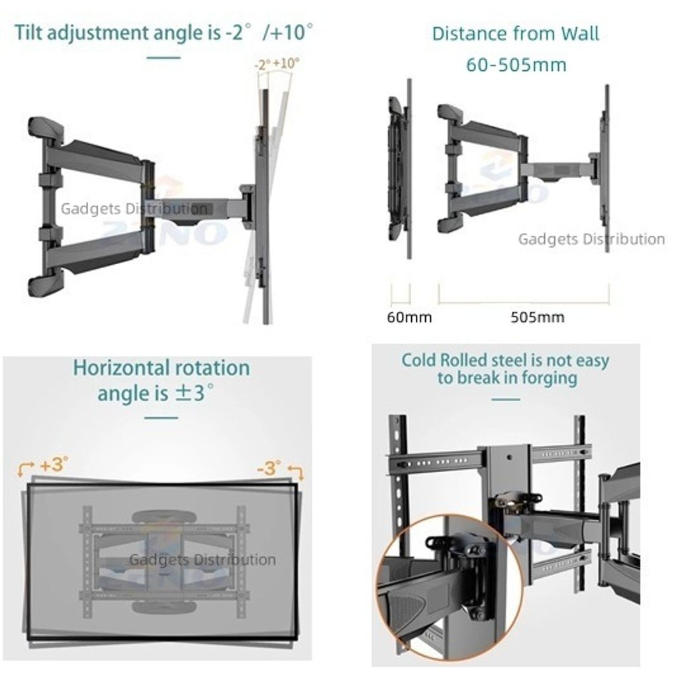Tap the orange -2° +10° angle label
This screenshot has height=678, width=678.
[277, 64]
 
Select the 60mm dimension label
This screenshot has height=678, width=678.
[409, 317]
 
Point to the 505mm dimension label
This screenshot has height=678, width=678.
[537, 317]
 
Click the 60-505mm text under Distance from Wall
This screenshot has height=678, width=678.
[516, 65]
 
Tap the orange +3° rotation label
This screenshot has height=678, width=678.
[54, 464]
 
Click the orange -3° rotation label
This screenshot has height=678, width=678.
[268, 467]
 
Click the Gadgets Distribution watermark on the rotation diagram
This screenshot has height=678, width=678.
[202, 560]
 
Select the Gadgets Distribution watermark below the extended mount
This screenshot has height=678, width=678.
[591, 239]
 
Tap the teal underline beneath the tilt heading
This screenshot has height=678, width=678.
[163, 57]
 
